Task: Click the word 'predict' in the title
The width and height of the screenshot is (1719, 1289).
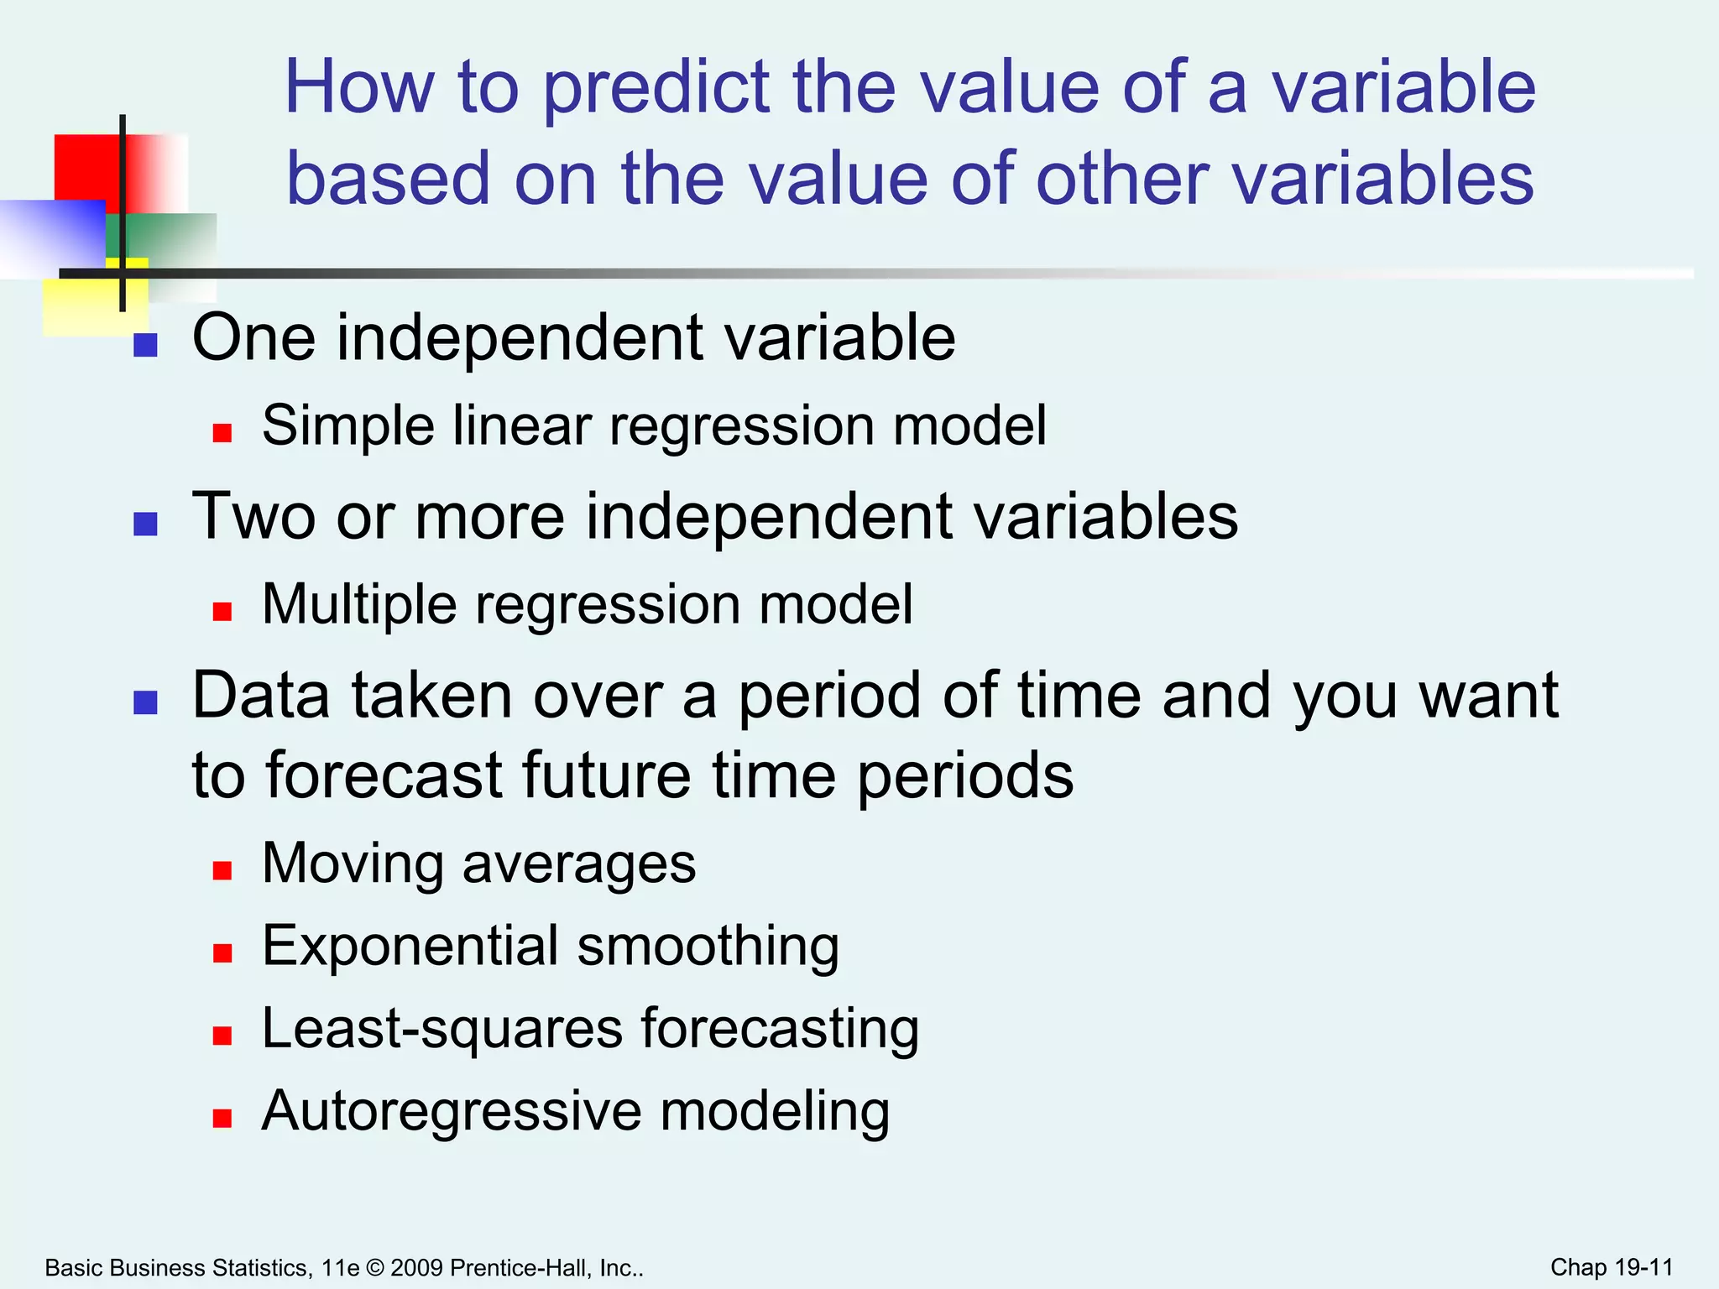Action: tap(656, 88)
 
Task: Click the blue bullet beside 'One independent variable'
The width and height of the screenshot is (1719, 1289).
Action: tap(146, 345)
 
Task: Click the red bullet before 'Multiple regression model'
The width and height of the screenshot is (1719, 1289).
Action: tap(222, 611)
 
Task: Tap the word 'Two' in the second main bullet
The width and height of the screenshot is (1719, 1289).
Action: tap(253, 516)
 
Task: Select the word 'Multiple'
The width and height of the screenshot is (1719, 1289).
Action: tap(359, 605)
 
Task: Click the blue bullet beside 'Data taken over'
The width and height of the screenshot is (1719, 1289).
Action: tap(146, 702)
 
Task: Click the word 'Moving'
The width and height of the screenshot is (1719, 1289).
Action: tap(353, 864)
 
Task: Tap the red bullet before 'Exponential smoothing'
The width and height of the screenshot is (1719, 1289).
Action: tap(222, 952)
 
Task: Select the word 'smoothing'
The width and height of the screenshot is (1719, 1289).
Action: tap(708, 947)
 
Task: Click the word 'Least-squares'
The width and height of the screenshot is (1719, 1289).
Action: tap(442, 1029)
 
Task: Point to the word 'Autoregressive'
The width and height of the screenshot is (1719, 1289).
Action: tap(452, 1111)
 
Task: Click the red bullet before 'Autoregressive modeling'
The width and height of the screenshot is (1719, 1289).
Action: tap(222, 1118)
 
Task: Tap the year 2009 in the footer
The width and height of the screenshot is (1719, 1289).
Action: tap(416, 1267)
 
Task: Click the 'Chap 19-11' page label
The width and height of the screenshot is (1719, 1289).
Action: tap(1611, 1267)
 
